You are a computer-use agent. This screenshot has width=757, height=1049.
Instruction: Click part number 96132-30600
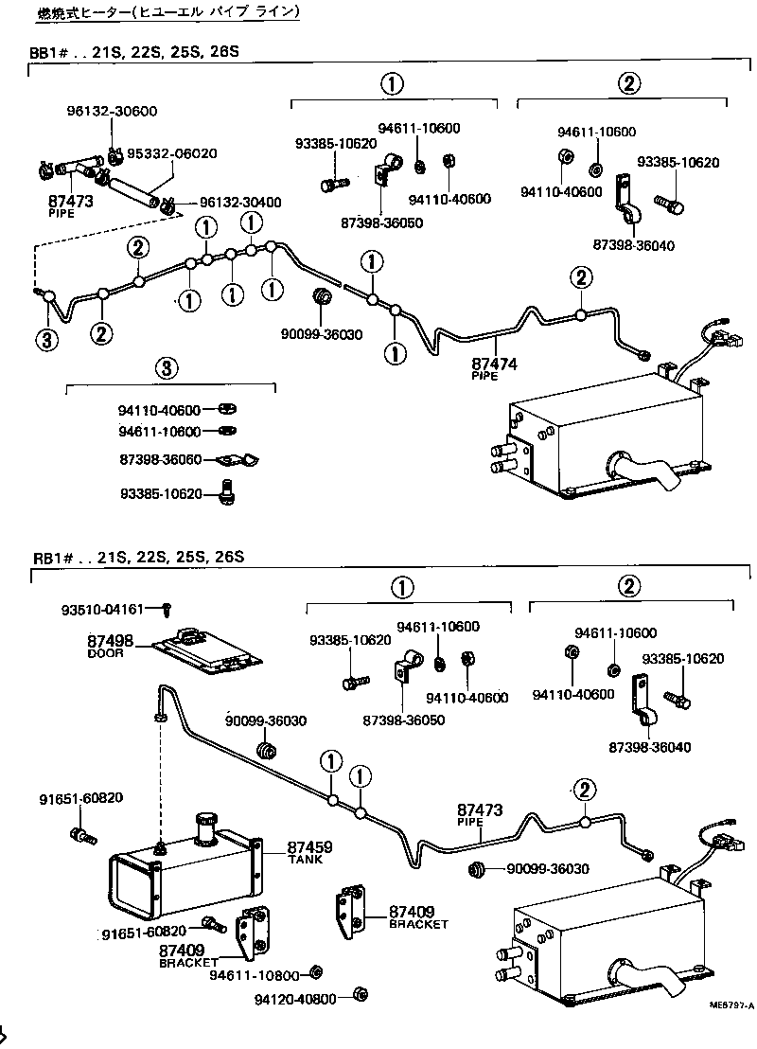pyautogui.click(x=112, y=111)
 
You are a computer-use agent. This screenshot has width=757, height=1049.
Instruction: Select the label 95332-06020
pyautogui.click(x=172, y=153)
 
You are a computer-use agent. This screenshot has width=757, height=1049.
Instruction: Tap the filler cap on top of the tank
pyautogui.click(x=207, y=826)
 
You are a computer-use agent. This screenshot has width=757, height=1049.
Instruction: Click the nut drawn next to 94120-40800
pyautogui.click(x=360, y=994)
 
